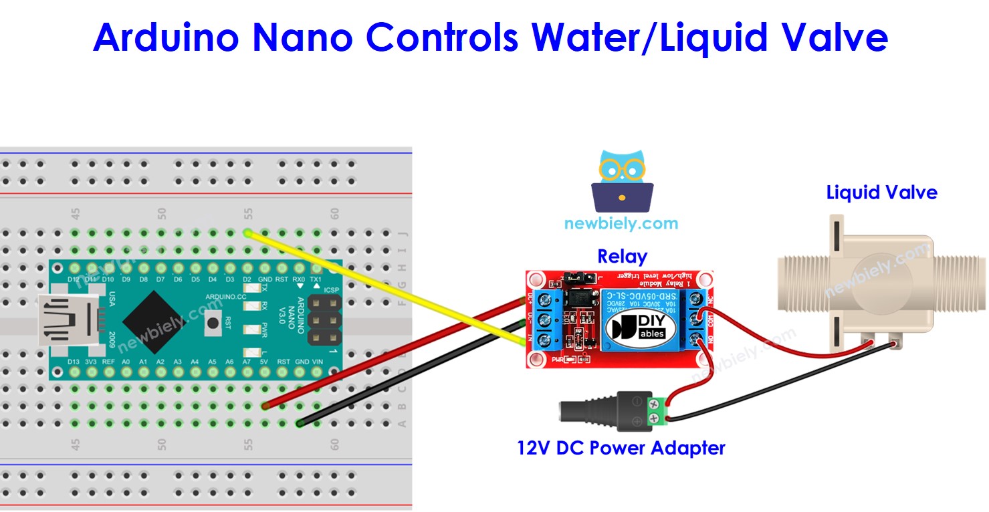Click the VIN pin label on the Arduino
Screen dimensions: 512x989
[x=318, y=362]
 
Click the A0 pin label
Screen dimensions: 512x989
[x=126, y=362]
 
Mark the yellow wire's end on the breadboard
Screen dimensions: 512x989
[x=248, y=233]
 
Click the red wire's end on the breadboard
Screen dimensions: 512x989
[x=265, y=406]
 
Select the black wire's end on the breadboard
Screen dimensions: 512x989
[x=300, y=422]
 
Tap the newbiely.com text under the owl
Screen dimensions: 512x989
[x=621, y=223]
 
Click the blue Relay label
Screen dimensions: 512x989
[x=622, y=257]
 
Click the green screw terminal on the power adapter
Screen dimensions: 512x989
[x=657, y=410]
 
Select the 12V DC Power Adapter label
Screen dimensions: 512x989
[x=621, y=447]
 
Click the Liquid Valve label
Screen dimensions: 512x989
[x=881, y=193]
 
